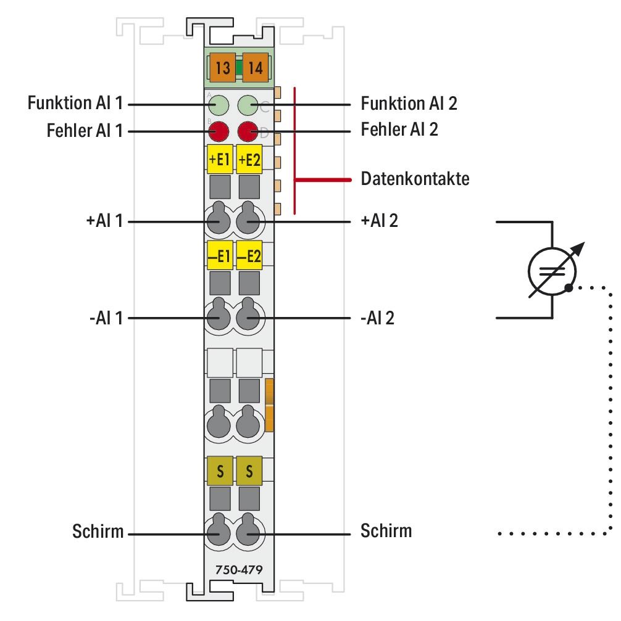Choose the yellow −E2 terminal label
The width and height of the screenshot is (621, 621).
point(249,256)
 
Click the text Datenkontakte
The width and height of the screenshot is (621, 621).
point(414,180)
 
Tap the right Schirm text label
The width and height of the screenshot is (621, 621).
point(386,530)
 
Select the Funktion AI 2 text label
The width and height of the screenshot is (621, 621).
point(409,104)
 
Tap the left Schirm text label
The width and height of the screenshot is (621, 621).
point(98,531)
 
